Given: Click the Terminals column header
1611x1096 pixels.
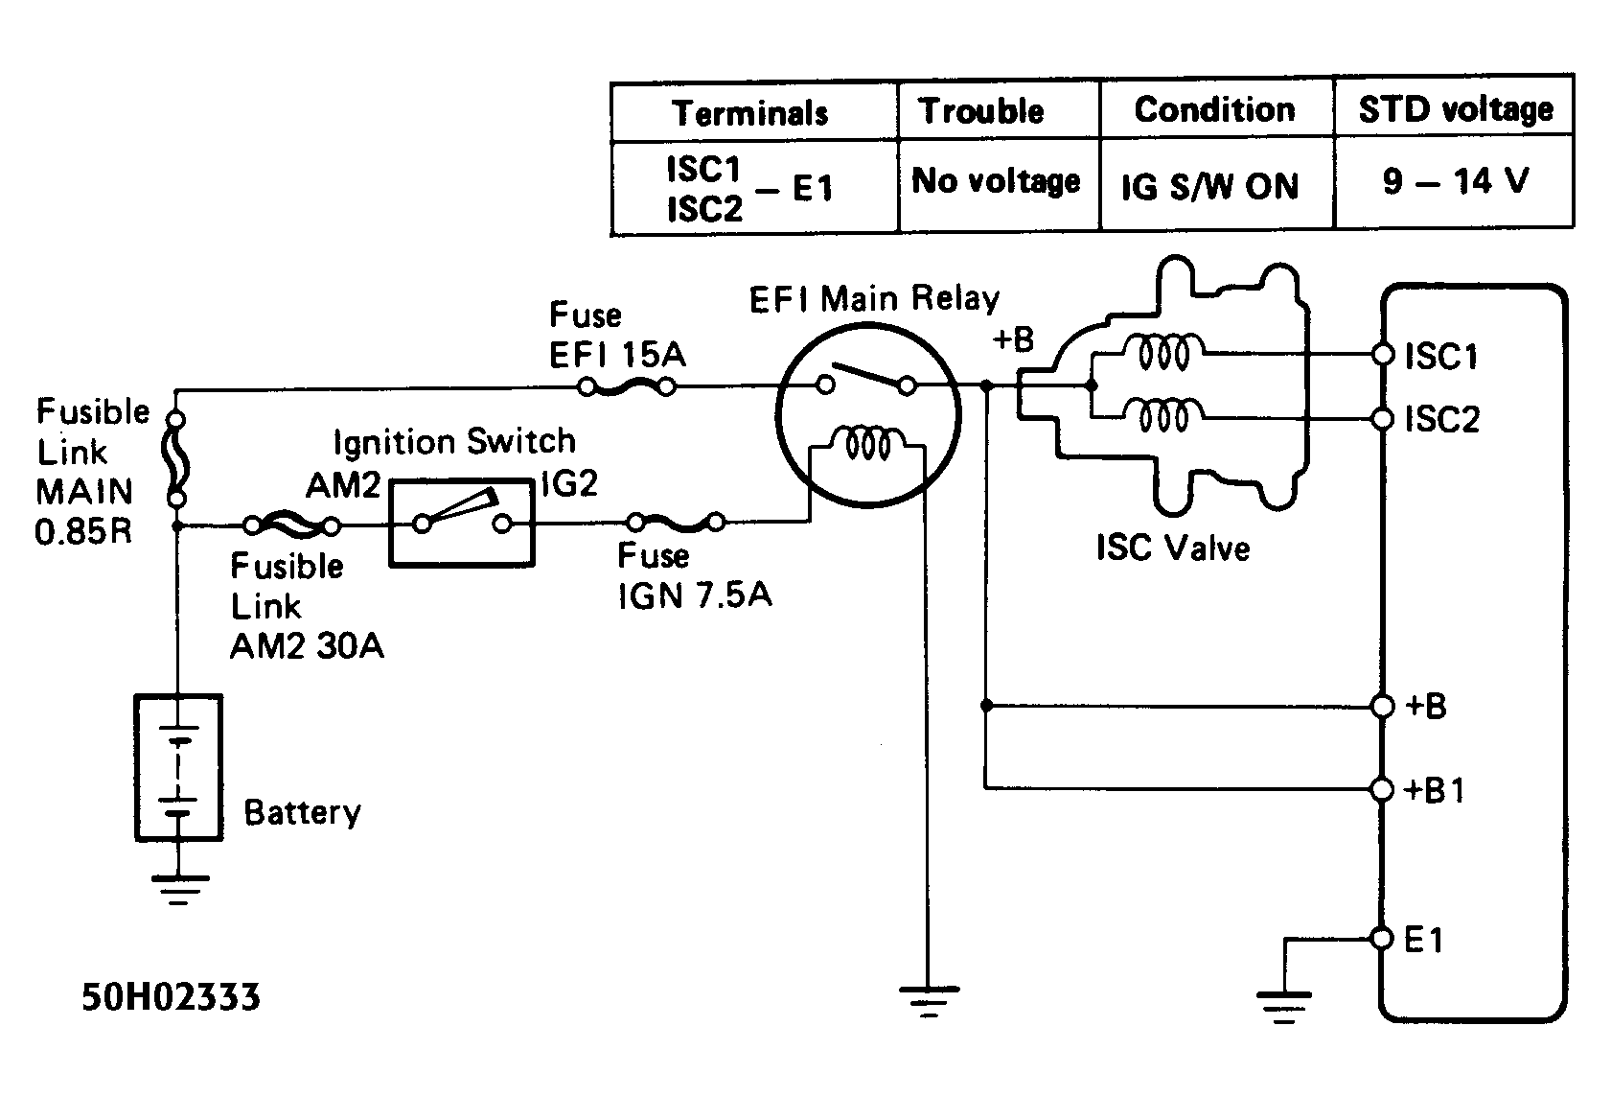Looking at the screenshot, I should point(750,112).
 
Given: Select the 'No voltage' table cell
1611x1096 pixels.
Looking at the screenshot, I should point(996,181).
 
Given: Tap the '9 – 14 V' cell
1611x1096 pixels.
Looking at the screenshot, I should point(1454,180).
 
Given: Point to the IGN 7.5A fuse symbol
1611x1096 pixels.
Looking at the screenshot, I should point(675,523).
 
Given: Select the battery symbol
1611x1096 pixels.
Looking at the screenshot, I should point(179,768).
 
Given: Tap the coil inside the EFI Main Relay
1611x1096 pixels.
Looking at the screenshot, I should point(868,443).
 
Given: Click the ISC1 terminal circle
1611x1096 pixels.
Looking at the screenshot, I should point(1382,355).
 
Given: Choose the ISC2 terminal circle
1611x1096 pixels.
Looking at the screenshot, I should point(1382,419).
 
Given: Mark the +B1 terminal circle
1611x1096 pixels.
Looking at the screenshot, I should point(1382,789).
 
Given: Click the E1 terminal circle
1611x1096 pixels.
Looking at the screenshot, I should point(1382,939).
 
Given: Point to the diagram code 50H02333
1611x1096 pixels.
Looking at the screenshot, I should point(171,997).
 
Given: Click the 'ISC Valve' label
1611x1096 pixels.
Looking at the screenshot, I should point(1173,548).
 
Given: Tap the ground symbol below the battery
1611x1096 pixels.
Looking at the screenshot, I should point(179,888).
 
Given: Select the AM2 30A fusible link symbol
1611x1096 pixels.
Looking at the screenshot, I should point(291,525).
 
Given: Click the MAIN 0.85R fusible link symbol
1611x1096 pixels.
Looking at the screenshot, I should point(177,459).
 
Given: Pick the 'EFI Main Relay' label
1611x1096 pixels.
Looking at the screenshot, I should point(874,299).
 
